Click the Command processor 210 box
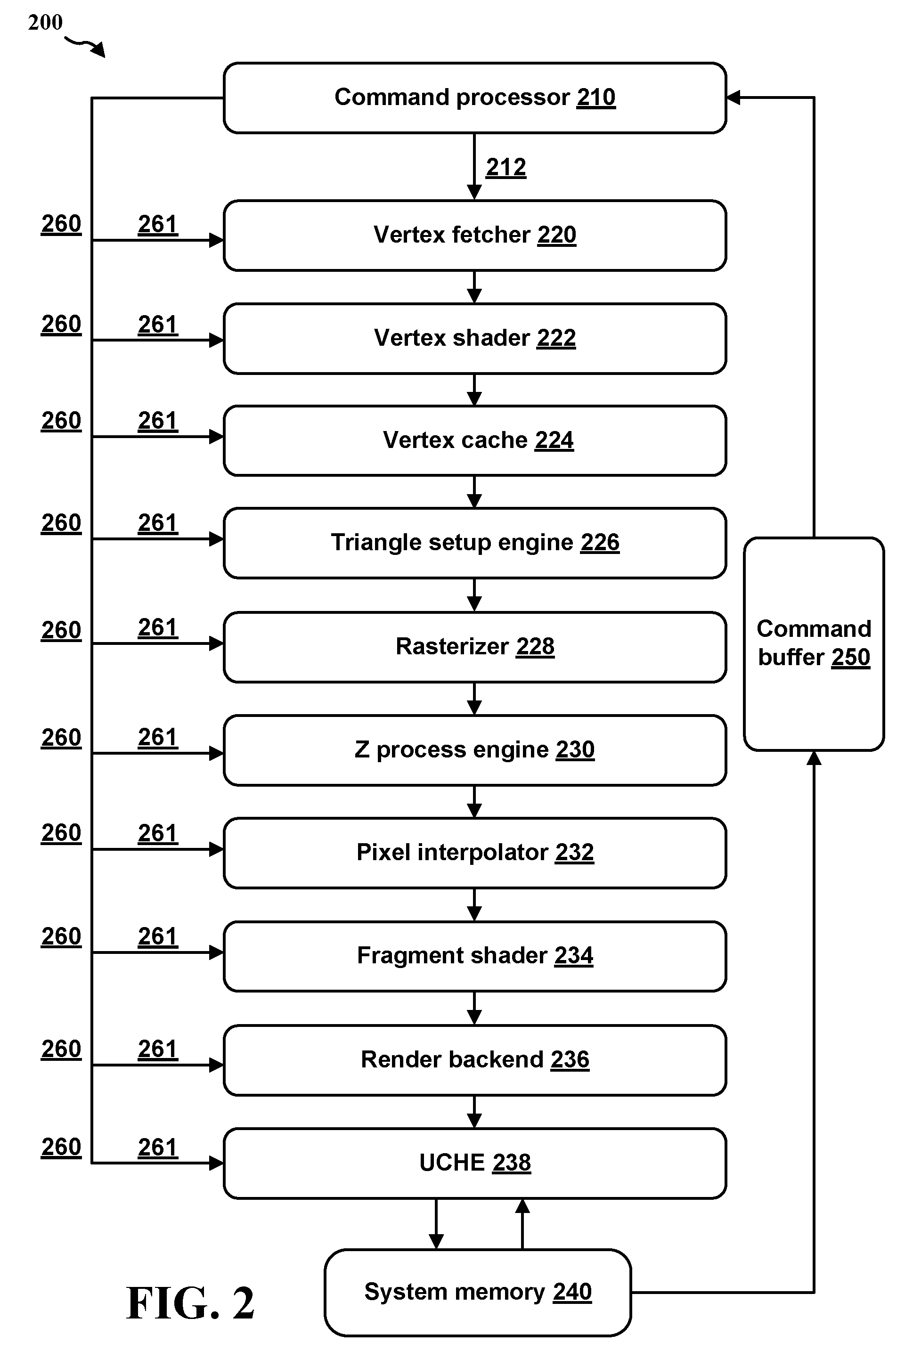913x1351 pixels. pos(474,98)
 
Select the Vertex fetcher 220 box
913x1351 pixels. pos(474,236)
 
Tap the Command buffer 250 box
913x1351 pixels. pos(814,644)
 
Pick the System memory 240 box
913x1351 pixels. pos(477,1292)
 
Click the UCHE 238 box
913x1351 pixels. pos(474,1163)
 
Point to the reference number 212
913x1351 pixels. pos(506,167)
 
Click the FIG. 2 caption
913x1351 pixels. pos(190,1303)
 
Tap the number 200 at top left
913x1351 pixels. pos(45,23)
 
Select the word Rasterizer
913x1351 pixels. pos(452,646)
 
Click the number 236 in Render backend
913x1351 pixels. pos(570,1059)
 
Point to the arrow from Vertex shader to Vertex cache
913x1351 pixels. pos(474,390)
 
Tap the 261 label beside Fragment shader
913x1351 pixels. pos(158,936)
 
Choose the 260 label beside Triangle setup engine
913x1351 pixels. pos(61,522)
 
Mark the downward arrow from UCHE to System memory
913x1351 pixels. pos(436,1224)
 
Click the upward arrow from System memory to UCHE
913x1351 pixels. pos(522,1224)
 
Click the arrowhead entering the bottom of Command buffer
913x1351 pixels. pos(814,757)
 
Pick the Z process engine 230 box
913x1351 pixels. pos(474,750)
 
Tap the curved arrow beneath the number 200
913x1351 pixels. pos(84,45)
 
